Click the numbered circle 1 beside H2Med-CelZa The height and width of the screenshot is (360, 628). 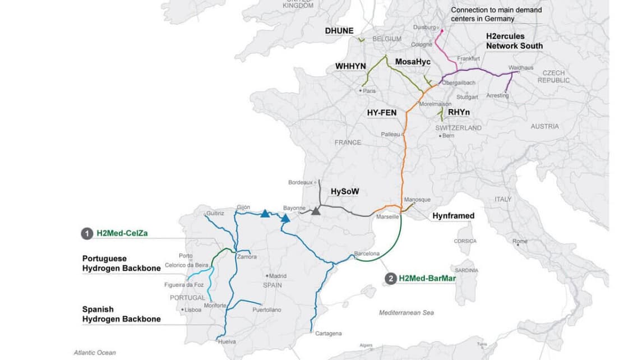click(x=87, y=233)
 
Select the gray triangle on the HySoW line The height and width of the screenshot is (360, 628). click(x=316, y=210)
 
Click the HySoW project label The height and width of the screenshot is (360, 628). click(x=344, y=191)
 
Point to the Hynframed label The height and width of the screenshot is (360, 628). click(x=453, y=216)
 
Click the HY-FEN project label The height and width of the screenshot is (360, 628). click(x=382, y=113)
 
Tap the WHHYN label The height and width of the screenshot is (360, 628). click(x=350, y=66)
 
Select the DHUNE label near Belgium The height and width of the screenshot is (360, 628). click(x=339, y=31)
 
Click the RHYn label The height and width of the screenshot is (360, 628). click(x=459, y=113)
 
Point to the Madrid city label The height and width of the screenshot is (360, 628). click(x=277, y=276)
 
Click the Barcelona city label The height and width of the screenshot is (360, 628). click(x=367, y=253)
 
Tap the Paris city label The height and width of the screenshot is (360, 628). click(x=369, y=90)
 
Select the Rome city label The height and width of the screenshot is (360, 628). click(x=520, y=242)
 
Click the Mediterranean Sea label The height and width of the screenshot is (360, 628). click(x=406, y=312)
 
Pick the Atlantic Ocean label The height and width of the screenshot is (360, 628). click(x=95, y=353)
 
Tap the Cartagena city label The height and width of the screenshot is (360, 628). click(x=328, y=334)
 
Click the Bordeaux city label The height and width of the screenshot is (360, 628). click(x=300, y=182)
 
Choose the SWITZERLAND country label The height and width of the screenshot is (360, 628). click(x=458, y=128)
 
